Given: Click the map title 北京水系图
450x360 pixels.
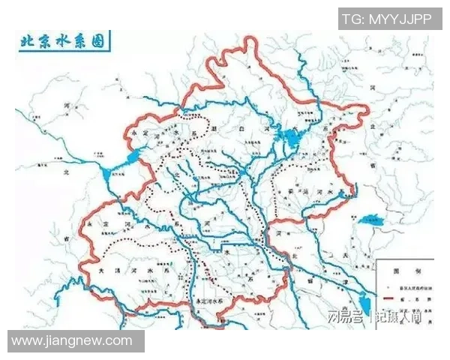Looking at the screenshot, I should [x=63, y=41].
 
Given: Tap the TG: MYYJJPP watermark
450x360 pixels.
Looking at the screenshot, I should [x=387, y=19].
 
